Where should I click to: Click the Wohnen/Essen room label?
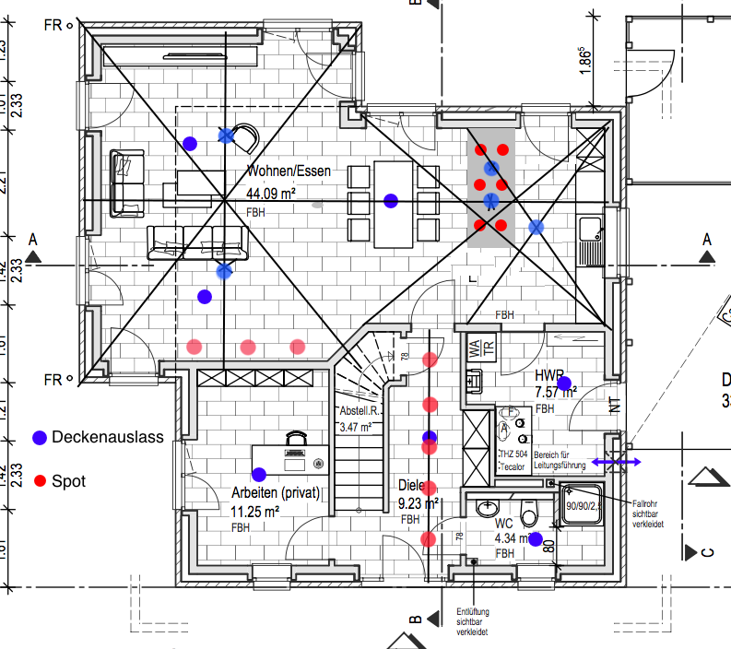289,171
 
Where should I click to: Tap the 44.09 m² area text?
271,194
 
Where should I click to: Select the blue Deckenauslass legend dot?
40,437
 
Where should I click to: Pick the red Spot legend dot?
40,480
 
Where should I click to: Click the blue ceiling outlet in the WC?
536,539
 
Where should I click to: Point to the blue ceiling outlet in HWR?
564,383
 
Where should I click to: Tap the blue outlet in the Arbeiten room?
259,474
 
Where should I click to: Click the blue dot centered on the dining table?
391,200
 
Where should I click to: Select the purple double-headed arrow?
617,462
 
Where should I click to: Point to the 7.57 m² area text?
555,393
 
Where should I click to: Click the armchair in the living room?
243,140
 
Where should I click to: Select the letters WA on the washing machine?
474,348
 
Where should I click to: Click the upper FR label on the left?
53,24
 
